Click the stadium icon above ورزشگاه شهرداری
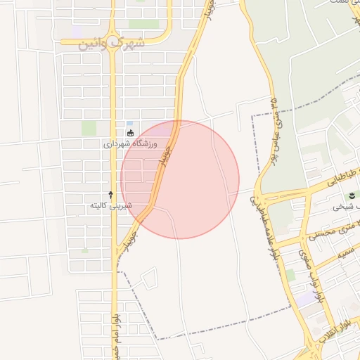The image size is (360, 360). [129, 133]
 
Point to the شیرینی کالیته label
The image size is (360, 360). [110, 206]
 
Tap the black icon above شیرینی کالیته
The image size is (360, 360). [110, 194]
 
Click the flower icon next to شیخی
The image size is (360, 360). [352, 195]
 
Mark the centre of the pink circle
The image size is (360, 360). [180, 179]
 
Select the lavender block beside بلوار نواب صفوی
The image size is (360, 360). [306, 299]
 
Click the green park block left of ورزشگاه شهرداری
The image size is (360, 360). [89, 128]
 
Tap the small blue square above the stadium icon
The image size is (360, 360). [129, 124]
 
